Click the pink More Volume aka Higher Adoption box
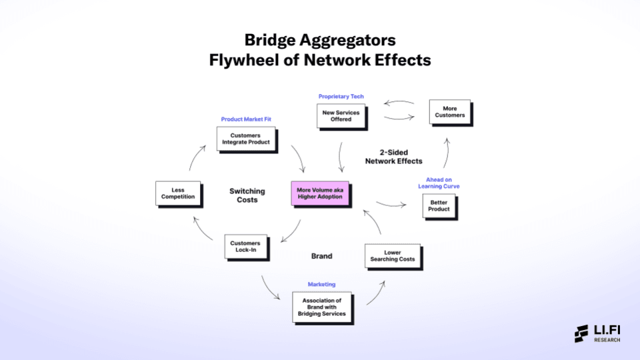pyautogui.click(x=321, y=193)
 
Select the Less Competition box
pyautogui.click(x=178, y=193)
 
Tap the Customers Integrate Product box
pyautogui.click(x=246, y=139)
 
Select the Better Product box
pyautogui.click(x=439, y=205)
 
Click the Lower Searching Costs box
pyautogui.click(x=393, y=255)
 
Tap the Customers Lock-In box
pyautogui.click(x=245, y=247)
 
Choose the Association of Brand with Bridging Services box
pyautogui.click(x=321, y=307)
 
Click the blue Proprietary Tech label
pyautogui.click(x=341, y=97)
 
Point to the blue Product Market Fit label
pyautogui.click(x=246, y=119)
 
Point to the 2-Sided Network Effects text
pyautogui.click(x=393, y=157)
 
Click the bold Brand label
pyautogui.click(x=321, y=256)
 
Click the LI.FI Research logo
pyautogui.click(x=597, y=333)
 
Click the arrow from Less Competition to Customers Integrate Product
pyautogui.click(x=193, y=158)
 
